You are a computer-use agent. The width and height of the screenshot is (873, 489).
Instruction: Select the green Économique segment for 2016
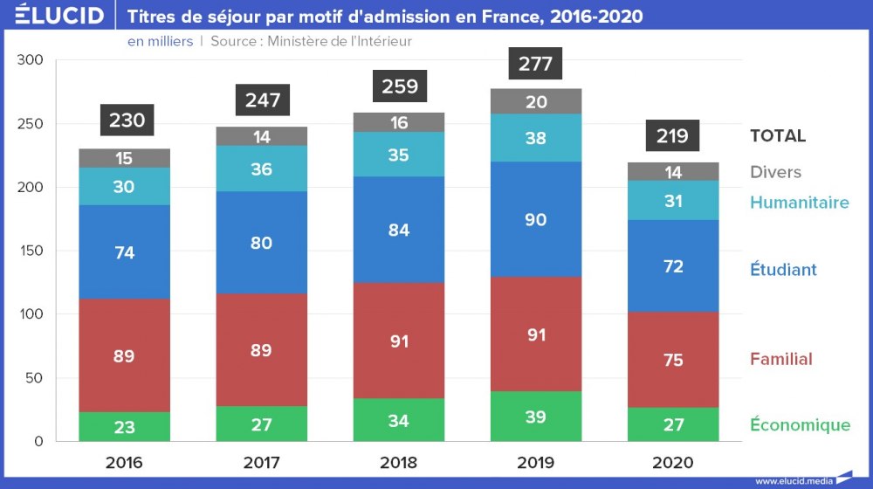tap(125, 426)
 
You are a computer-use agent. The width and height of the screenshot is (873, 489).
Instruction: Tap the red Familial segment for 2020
tap(673, 360)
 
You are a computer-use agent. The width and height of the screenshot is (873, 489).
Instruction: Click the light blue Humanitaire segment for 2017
tap(262, 169)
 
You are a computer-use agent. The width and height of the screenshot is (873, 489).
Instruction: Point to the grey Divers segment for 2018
tap(400, 122)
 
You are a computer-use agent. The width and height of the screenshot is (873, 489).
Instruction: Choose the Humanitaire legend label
tap(799, 203)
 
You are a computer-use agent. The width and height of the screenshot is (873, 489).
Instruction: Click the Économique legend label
tap(800, 425)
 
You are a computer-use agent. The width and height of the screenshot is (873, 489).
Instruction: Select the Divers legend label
tap(775, 172)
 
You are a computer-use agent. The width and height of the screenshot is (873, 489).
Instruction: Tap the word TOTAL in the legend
tap(778, 136)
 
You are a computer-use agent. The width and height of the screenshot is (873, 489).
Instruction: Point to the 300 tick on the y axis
tap(30, 60)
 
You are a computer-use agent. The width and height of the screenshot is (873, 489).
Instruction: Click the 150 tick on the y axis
tap(30, 251)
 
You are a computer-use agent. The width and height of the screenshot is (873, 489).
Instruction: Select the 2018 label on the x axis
tap(400, 463)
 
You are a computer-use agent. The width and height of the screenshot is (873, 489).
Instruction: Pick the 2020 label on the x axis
tap(673, 463)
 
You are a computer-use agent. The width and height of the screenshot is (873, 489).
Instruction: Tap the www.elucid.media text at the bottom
tap(794, 480)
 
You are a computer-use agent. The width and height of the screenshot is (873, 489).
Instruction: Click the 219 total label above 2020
tap(673, 136)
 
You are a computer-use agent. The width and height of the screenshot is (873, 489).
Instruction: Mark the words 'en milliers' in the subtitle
tap(160, 41)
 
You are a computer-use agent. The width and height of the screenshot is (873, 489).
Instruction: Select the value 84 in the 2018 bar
tap(400, 231)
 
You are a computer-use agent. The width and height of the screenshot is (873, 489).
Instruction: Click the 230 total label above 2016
tap(127, 121)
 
